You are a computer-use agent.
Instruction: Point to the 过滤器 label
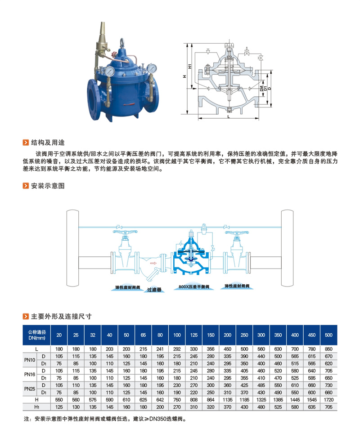tap(153, 291)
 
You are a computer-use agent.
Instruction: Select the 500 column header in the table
tap(328, 335)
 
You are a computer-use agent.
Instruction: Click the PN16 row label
tap(30, 374)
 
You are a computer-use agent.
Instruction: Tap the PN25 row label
tap(30, 388)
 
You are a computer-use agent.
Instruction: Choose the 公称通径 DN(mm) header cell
tap(36, 335)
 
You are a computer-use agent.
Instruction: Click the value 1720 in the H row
tap(328, 399)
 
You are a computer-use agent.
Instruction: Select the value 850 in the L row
tap(328, 349)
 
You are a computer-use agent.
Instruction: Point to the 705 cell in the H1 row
tap(328, 407)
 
